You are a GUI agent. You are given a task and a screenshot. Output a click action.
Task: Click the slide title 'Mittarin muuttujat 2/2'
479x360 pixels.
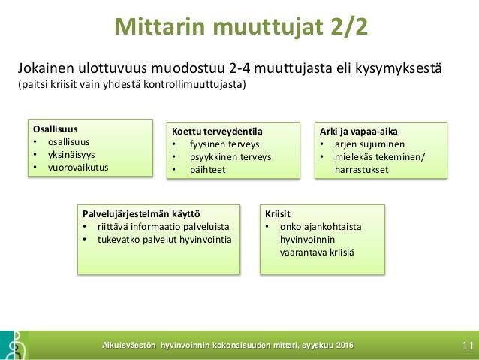tap(241, 27)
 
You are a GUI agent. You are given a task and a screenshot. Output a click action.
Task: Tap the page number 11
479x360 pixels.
tap(468, 346)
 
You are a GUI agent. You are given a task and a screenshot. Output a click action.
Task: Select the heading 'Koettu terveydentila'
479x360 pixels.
tap(217, 132)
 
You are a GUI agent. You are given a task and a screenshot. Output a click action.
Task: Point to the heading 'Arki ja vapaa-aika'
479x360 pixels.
tap(359, 132)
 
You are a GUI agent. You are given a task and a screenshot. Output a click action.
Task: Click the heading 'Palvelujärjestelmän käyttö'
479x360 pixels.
tap(141, 214)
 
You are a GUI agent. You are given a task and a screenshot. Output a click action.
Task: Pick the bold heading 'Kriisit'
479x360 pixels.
tap(278, 213)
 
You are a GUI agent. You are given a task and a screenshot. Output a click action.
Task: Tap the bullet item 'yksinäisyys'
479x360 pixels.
tap(71, 155)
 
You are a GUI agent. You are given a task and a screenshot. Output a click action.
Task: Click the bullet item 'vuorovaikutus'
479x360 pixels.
tap(78, 168)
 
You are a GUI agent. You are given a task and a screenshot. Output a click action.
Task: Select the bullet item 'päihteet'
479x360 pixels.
tap(208, 170)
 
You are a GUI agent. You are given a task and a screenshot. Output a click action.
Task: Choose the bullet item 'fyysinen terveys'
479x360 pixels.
tap(224, 144)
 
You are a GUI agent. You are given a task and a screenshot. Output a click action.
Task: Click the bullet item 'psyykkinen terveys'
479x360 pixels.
tap(230, 157)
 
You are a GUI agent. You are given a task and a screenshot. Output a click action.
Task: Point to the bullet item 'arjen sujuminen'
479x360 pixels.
tap(369, 144)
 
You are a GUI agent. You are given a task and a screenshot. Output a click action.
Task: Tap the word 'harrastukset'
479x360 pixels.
tap(362, 170)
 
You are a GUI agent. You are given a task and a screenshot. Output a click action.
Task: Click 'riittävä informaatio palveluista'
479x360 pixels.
tap(164, 227)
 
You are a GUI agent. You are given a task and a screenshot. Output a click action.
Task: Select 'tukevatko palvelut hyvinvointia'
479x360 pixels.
tap(164, 240)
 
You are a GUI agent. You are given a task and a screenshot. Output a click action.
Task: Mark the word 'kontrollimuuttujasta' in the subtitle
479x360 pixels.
tap(194, 84)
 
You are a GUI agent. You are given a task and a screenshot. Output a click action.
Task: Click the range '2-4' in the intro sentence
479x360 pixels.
tap(239, 68)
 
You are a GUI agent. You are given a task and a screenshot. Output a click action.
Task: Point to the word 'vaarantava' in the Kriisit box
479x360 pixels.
tap(303, 253)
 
